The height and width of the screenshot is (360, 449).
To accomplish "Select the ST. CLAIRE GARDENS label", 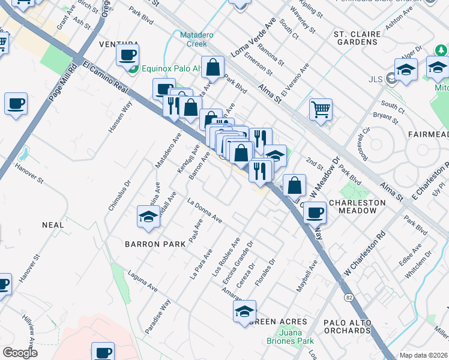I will [x=356, y=38].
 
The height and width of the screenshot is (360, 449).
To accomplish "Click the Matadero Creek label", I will [x=197, y=40].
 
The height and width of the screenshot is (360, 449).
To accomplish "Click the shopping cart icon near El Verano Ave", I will [x=321, y=109].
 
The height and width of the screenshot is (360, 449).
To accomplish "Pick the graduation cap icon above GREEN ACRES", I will [x=244, y=311].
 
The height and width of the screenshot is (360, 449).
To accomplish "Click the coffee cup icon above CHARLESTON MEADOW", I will [x=315, y=212].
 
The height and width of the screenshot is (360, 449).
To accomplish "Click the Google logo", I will [x=20, y=352].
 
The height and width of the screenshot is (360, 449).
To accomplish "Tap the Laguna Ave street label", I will [x=143, y=282].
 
